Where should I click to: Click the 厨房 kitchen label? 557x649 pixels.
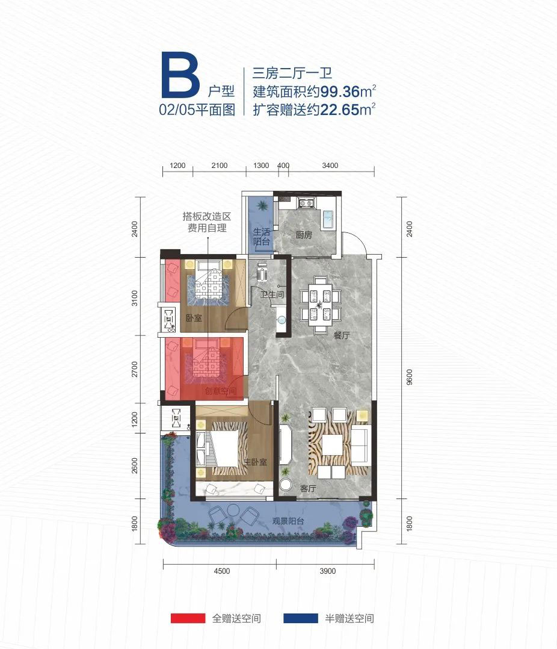(304, 235)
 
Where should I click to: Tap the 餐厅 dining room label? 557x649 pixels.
(342, 336)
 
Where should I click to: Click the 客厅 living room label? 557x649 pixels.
(308, 488)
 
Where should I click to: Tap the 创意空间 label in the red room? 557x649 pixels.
(220, 391)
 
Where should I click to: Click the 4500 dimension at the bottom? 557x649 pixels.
(221, 572)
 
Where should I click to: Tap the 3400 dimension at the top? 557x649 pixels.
(330, 166)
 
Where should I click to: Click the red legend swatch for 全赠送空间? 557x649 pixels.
(186, 618)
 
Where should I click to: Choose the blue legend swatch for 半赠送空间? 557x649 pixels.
(300, 618)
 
